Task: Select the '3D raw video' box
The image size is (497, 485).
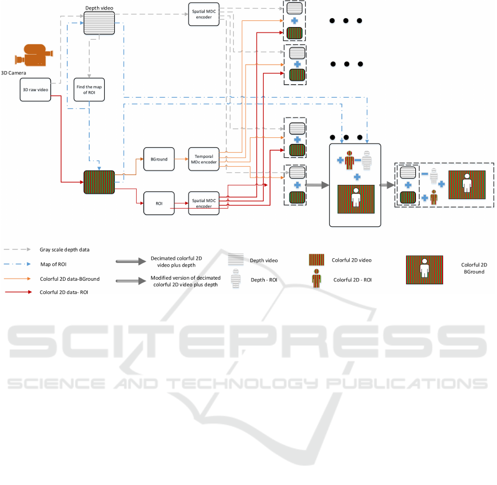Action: [x=35, y=89]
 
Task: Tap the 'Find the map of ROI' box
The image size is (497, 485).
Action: [x=89, y=89]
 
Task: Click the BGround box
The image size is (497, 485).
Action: [x=159, y=158]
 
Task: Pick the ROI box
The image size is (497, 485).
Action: [x=159, y=204]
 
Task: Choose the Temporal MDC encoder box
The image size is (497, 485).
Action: [x=204, y=158]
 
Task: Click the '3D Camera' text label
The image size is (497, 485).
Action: [x=14, y=72]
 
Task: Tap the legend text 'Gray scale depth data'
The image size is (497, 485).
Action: [x=64, y=249]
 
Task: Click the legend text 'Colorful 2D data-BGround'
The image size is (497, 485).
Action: [x=70, y=279]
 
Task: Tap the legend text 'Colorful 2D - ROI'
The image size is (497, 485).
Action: [x=352, y=280]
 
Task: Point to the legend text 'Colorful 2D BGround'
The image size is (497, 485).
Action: [x=474, y=269]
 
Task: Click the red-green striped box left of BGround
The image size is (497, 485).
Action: [x=99, y=182]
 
